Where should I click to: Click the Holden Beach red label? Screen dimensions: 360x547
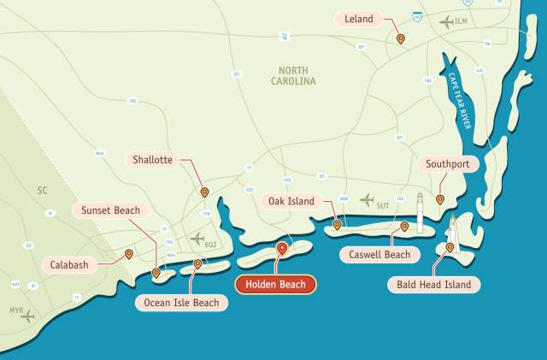[276, 285]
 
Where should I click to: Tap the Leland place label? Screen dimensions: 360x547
[359, 18]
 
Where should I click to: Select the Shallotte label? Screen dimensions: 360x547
[153, 160]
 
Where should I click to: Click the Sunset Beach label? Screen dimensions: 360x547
[110, 210]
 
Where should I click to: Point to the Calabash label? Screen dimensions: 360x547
[69, 265]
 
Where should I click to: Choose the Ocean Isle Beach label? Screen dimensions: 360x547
[181, 302]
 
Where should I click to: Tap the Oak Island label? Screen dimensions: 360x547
[291, 202]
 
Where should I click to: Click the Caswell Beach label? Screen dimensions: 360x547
[379, 254]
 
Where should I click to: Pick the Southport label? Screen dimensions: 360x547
[447, 164]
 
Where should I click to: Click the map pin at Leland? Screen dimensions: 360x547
[400, 38]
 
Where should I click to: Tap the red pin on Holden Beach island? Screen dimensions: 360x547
[281, 248]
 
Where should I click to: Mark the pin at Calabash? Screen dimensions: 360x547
[128, 253]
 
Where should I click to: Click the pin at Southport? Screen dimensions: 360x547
[440, 199]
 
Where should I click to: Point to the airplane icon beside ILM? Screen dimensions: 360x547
[445, 21]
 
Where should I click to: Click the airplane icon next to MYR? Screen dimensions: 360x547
[28, 316]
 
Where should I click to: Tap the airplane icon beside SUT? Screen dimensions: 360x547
[368, 200]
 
